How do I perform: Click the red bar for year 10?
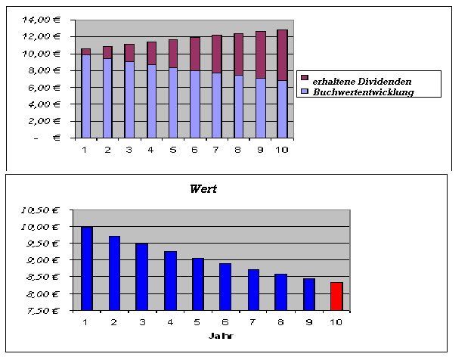tap(336, 296)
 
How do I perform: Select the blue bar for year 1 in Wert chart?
tap(88, 268)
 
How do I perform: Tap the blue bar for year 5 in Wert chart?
tap(197, 284)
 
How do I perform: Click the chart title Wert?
tap(203, 189)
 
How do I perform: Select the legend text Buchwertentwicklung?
tap(363, 92)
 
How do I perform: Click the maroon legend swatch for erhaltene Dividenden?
tap(304, 78)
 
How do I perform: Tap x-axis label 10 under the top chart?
tap(281, 149)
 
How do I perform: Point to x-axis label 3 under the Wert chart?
tap(142, 322)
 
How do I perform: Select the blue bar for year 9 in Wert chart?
tap(309, 294)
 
